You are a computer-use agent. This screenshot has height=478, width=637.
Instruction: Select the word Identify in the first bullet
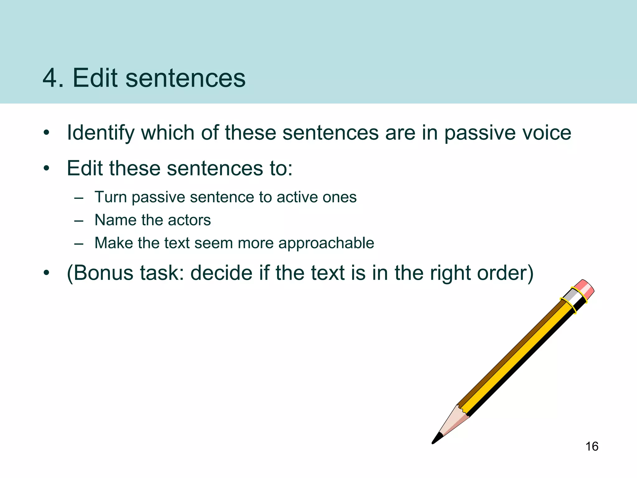point(100,133)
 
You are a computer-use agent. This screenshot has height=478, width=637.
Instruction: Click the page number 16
point(592,447)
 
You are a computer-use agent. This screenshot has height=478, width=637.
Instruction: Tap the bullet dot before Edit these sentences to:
point(47,169)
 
